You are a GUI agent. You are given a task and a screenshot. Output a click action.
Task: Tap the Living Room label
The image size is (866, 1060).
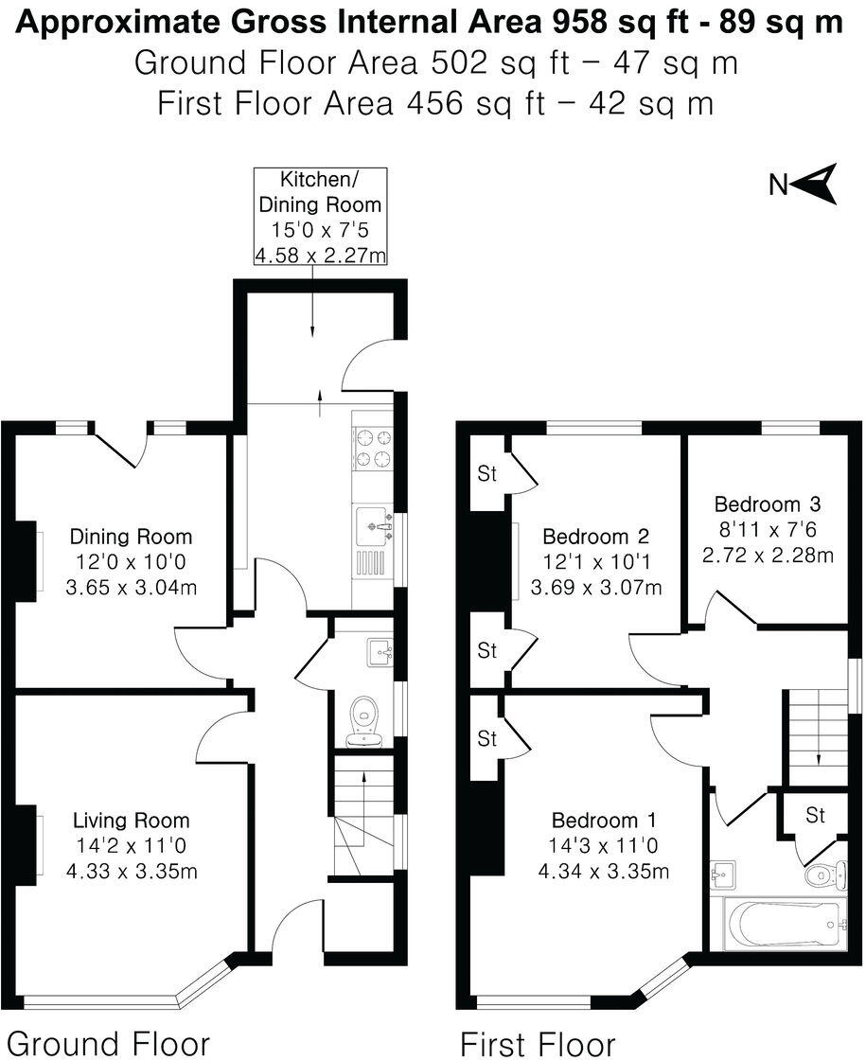(x=132, y=821)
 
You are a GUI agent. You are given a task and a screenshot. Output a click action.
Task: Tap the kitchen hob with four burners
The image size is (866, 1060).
(x=372, y=449)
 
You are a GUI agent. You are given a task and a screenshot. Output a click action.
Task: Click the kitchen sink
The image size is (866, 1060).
(x=377, y=521)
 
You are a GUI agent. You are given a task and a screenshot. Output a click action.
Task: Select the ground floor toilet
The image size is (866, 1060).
(x=362, y=719)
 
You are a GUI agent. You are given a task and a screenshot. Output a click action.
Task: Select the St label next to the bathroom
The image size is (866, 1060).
(x=815, y=815)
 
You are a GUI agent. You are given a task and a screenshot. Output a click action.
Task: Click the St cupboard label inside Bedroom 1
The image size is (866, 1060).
(x=486, y=739)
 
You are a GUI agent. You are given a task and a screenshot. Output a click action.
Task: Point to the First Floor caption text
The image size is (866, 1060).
(x=537, y=1043)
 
